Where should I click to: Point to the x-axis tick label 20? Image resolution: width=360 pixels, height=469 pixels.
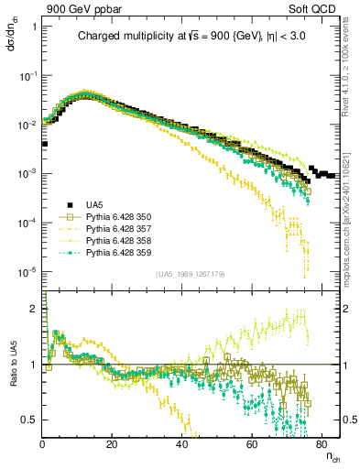click(x=112, y=445)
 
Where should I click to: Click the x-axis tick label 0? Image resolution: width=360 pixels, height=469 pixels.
click(x=42, y=445)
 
